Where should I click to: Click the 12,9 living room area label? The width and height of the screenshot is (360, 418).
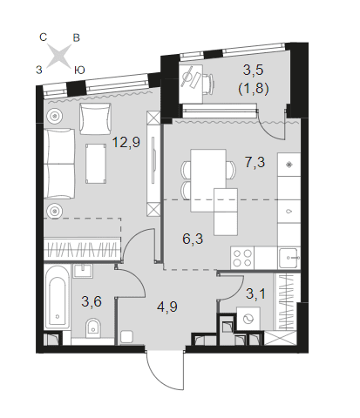[126, 143]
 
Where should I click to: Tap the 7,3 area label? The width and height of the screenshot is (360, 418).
[255, 162]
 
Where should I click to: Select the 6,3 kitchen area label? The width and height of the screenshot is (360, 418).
[193, 239]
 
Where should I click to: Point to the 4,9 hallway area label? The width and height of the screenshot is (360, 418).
[167, 307]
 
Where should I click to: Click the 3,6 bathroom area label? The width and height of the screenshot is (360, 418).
[92, 301]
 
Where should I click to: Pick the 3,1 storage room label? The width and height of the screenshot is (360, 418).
[255, 293]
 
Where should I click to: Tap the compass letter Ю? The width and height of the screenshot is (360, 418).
[79, 70]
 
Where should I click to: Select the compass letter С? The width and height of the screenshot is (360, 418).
[43, 37]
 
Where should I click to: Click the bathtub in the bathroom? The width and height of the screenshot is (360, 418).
[58, 300]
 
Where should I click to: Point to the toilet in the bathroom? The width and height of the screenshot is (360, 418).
[93, 328]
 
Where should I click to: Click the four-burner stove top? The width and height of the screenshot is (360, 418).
[242, 258]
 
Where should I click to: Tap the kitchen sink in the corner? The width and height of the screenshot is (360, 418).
[289, 258]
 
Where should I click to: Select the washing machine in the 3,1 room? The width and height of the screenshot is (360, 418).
[248, 319]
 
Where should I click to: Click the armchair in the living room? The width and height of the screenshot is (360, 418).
[95, 118]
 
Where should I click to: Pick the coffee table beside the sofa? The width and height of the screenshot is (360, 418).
[96, 164]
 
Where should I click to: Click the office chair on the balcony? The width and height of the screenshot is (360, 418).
[207, 84]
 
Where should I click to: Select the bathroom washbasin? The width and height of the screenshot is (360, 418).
[83, 271]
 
